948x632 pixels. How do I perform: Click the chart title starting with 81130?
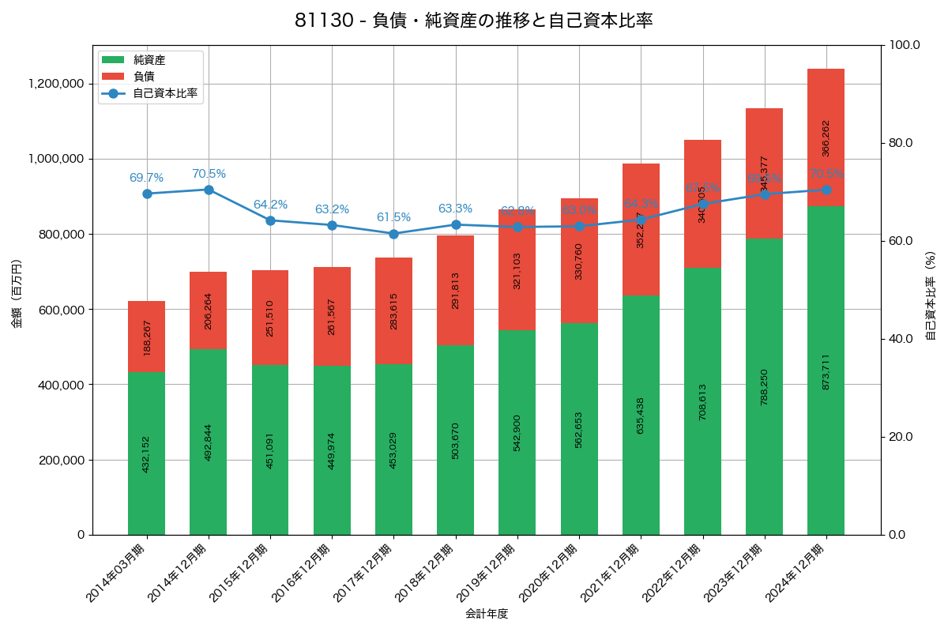tap(473, 21)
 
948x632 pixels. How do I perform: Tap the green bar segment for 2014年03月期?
tap(146, 453)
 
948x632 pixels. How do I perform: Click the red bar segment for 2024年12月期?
tap(826, 137)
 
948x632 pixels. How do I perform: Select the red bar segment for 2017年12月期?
tap(393, 310)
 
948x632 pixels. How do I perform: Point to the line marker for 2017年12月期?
tap(393, 234)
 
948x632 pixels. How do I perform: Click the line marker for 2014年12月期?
tap(209, 190)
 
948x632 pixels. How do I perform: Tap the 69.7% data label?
tap(146, 179)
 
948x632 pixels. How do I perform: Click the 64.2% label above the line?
tap(270, 205)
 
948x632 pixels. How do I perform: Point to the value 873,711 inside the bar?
tap(826, 371)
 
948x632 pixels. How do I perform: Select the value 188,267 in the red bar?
tap(147, 337)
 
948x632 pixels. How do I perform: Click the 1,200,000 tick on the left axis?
tap(56, 84)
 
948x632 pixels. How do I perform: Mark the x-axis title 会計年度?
tap(486, 613)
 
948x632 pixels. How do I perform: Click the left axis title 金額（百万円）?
tap(17, 294)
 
